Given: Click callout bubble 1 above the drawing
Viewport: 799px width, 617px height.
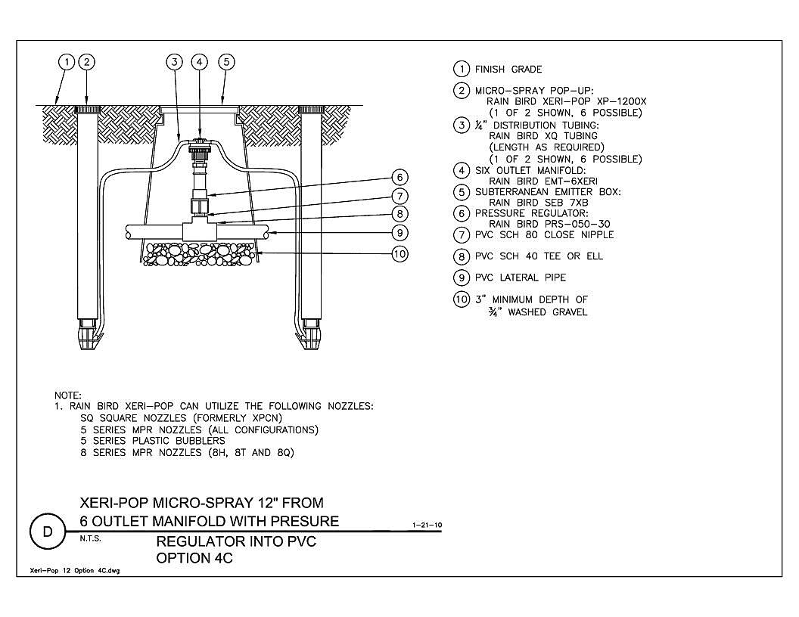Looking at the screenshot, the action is click(x=67, y=62).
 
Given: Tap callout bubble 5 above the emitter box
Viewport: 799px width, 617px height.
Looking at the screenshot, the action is click(x=226, y=62).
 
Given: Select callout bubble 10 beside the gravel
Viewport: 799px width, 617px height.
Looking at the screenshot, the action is click(x=400, y=253).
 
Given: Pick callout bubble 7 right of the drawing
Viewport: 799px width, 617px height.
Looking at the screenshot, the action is click(x=400, y=196).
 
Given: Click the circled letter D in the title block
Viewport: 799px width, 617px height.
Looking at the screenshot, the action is click(x=48, y=532).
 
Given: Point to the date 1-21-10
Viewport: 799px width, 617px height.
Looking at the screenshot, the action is click(x=427, y=525).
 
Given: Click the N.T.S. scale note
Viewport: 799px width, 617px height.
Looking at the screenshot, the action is click(x=90, y=538).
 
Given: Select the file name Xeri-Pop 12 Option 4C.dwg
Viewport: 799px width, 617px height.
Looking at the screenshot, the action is click(x=75, y=571).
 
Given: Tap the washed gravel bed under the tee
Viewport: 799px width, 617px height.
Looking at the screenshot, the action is click(x=199, y=254).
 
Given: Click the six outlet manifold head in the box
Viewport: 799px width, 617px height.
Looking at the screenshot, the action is click(x=199, y=144).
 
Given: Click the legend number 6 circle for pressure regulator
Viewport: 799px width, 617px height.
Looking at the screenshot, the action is click(x=461, y=213).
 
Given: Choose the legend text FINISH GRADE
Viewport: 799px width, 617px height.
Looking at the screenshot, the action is click(x=508, y=70).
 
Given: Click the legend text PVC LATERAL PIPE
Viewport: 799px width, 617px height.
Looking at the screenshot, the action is click(x=521, y=277).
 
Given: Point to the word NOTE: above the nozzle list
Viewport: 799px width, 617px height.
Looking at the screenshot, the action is click(x=68, y=395).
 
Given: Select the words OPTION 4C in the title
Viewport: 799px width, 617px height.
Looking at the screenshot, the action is click(x=194, y=558).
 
